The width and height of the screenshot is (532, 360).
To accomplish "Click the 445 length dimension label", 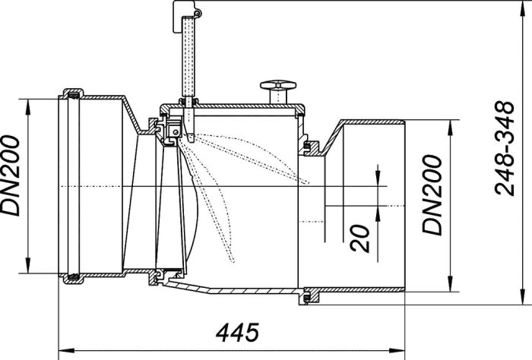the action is click(x=237, y=333).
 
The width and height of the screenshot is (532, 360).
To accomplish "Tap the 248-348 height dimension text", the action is click(x=505, y=148).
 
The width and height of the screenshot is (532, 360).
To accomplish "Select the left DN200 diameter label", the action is click(x=10, y=175).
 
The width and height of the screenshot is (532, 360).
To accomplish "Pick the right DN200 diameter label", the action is click(x=432, y=195).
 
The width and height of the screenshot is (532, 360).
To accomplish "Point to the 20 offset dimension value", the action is click(x=360, y=238).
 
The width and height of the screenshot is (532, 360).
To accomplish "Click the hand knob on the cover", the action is click(x=278, y=85).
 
